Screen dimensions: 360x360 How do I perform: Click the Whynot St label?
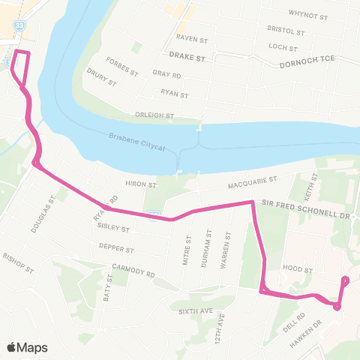coord(308,14)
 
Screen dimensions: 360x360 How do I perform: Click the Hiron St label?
coord(140,184)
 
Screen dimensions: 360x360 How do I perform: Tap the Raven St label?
coord(190,37)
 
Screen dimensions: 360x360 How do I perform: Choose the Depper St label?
coord(117,248)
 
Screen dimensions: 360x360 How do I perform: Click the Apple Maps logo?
coord(26,347)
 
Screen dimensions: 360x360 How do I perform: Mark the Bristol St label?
coord(286,31)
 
